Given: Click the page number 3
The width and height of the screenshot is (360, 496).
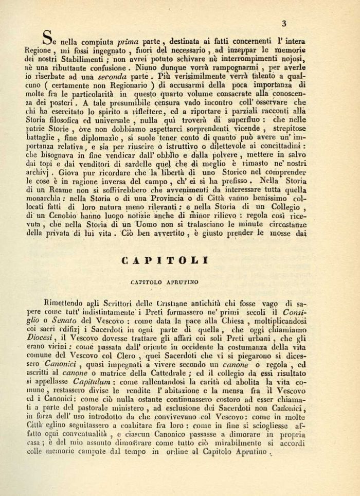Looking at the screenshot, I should pos(283,22).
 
